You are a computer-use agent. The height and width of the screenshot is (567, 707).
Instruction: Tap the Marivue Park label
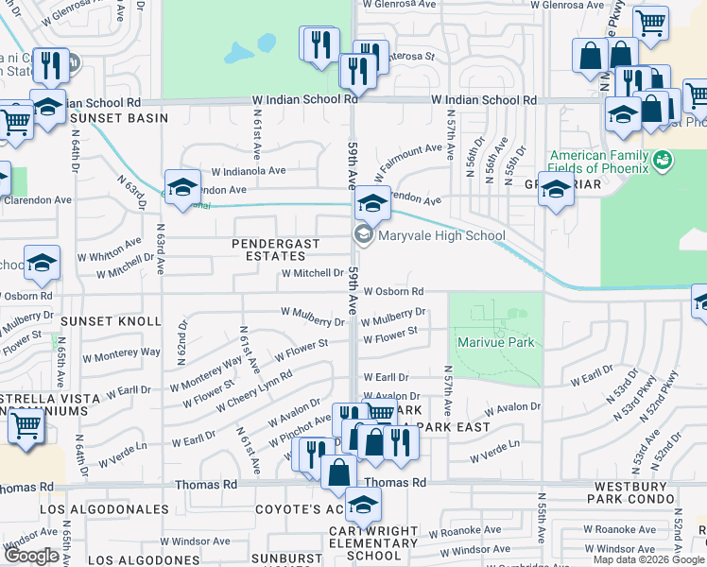[x=495, y=342]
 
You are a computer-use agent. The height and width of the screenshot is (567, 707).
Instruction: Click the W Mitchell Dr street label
[x=310, y=273]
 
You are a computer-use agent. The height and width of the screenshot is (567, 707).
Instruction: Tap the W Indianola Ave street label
[x=248, y=171]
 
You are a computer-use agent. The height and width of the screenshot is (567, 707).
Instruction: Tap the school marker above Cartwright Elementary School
[x=362, y=505]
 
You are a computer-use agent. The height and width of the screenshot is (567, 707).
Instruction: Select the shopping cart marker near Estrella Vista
[x=26, y=425]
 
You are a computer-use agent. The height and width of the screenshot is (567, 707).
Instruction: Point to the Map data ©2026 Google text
[x=647, y=559]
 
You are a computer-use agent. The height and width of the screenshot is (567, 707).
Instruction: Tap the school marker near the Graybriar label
[x=556, y=190]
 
